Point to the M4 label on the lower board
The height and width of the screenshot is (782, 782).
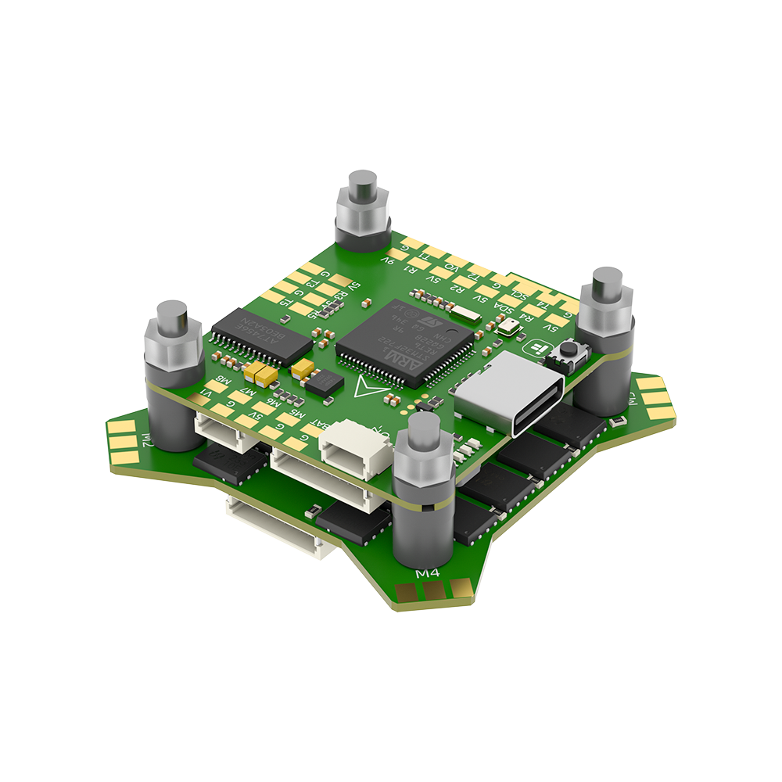coord(427,574)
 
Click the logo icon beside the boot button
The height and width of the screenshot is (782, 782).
coord(538,349)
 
